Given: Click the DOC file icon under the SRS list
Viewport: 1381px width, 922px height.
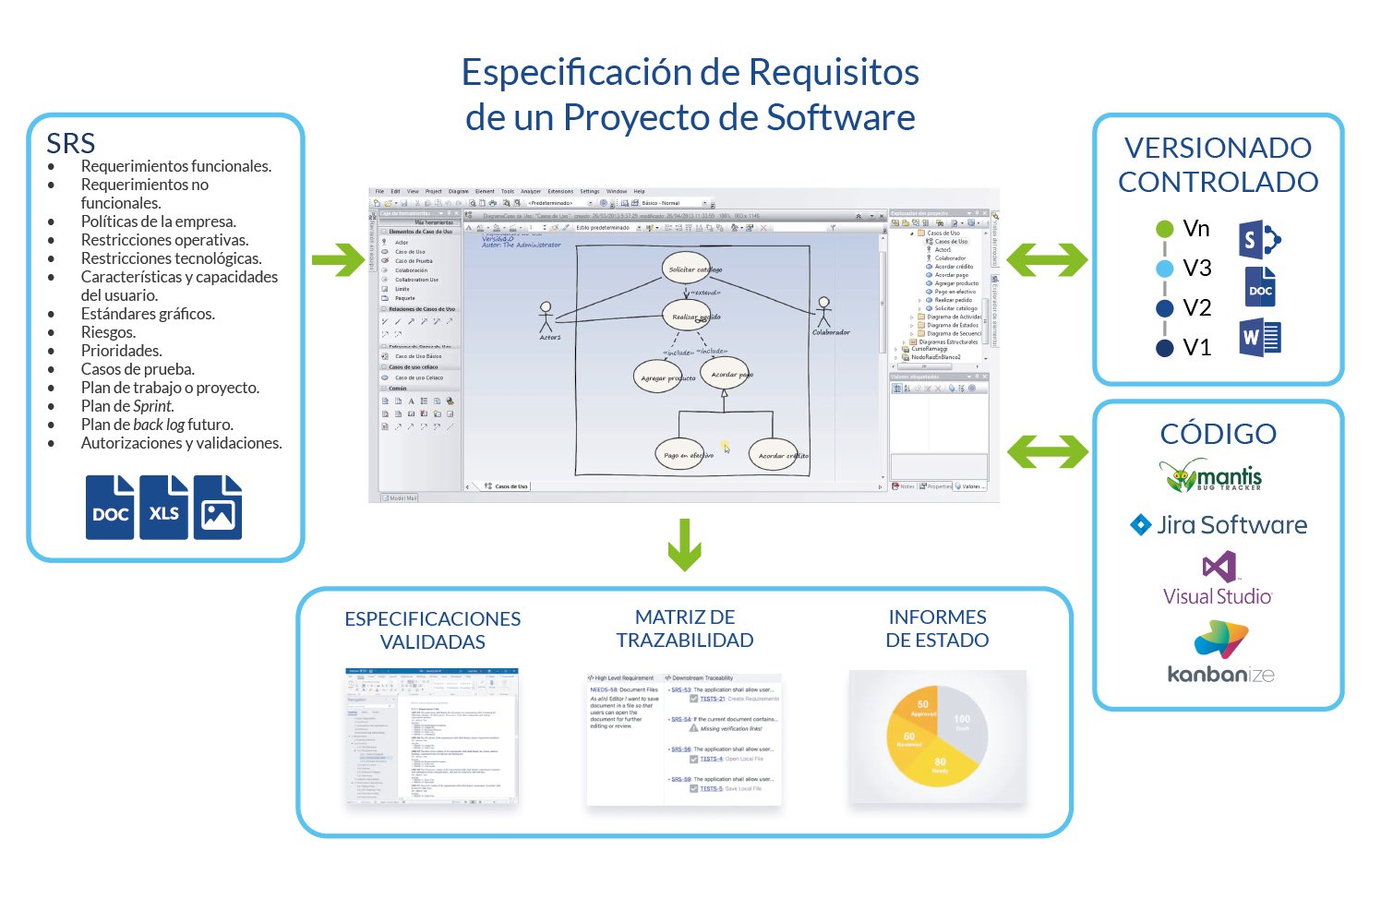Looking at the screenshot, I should [110, 507].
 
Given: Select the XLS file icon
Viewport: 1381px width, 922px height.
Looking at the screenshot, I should [164, 507].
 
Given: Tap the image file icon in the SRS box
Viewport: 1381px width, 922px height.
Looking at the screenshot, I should [218, 507].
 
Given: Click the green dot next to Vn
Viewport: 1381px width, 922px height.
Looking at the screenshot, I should [1165, 229].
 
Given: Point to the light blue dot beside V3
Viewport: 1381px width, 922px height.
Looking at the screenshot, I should [1165, 269].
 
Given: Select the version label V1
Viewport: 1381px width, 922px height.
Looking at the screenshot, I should [1196, 348].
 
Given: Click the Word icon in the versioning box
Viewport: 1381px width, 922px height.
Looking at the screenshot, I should [1260, 338].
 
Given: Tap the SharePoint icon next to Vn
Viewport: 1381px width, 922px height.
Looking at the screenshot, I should [1259, 241].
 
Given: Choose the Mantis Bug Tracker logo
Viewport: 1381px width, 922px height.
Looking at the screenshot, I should [1210, 475].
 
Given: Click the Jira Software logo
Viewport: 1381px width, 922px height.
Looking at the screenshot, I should [1219, 525].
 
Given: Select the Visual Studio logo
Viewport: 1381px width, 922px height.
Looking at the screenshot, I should [1218, 580].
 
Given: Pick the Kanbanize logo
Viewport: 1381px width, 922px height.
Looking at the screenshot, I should [1220, 653].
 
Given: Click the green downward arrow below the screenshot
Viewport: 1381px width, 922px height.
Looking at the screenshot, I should [684, 545].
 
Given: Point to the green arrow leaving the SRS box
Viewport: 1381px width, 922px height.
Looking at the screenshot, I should [338, 259].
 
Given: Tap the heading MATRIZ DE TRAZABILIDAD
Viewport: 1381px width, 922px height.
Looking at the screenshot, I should [685, 629].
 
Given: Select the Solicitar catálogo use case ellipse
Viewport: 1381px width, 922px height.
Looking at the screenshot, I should [688, 269].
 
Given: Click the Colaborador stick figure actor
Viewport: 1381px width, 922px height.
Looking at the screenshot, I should [824, 313].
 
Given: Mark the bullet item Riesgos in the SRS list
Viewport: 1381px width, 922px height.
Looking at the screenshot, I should [108, 332].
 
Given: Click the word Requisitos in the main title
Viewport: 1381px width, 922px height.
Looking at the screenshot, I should [834, 73].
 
